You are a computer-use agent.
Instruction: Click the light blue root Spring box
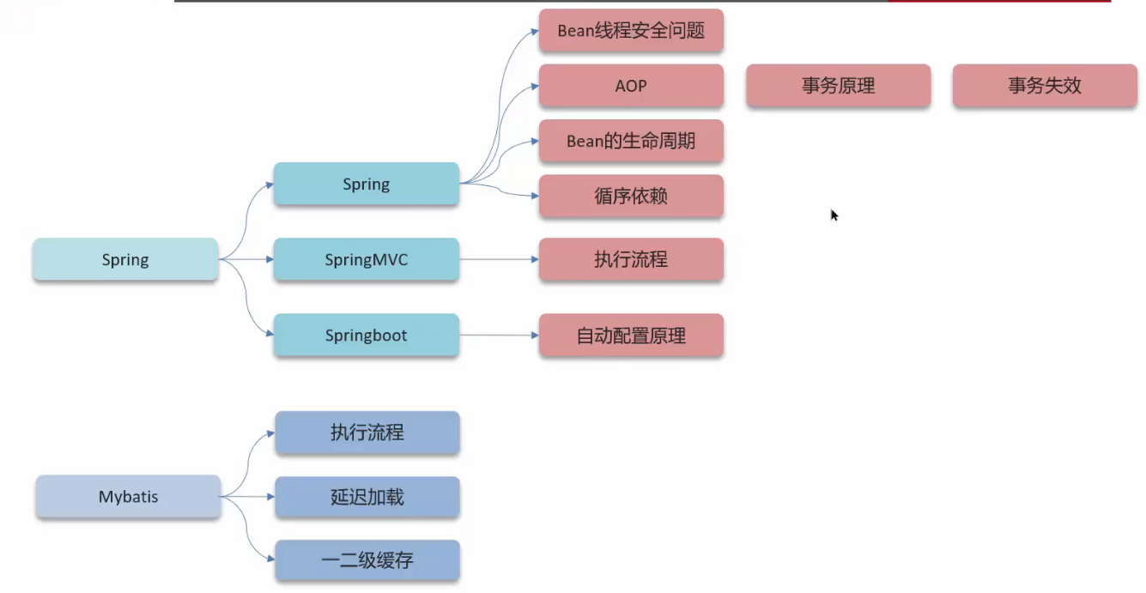[x=125, y=259]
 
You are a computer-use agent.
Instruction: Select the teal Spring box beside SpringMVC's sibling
[x=367, y=184]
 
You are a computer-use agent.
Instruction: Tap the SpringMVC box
[x=367, y=259]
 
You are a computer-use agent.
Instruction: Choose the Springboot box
[x=367, y=335]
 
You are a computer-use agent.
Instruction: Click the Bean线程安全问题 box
[x=631, y=31]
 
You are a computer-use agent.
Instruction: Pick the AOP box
[x=631, y=86]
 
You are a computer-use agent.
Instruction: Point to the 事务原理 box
[x=838, y=86]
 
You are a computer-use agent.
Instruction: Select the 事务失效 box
[x=1045, y=86]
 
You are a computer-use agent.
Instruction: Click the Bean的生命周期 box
[x=631, y=141]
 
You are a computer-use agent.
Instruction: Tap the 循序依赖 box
[x=631, y=196]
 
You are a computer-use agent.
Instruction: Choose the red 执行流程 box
[x=631, y=259]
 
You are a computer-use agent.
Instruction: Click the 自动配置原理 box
[x=631, y=335]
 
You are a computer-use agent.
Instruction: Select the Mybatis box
[x=129, y=497]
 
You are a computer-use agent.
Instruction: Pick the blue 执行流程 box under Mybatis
[x=367, y=433]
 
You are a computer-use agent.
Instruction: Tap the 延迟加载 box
[x=367, y=497]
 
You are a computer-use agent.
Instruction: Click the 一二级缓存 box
[x=367, y=560]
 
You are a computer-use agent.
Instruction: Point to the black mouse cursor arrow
[x=834, y=215]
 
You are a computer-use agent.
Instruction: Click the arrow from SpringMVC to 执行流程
[x=498, y=259]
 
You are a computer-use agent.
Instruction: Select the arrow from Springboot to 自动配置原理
[x=498, y=335]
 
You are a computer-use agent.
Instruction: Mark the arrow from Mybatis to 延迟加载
[x=248, y=497]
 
